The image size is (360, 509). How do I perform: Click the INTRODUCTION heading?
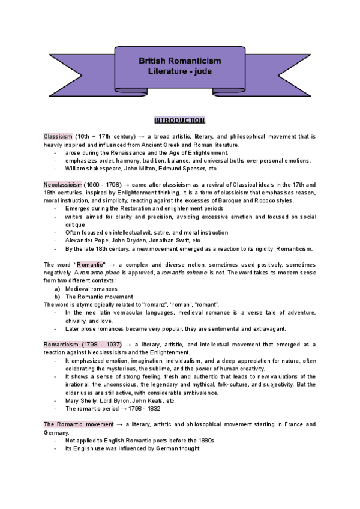(179, 120)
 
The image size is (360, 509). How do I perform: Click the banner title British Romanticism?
(180, 61)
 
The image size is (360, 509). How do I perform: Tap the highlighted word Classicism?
(58, 137)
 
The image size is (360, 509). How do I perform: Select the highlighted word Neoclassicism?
(63, 184)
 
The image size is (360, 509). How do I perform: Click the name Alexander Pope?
(87, 240)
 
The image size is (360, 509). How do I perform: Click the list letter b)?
(57, 297)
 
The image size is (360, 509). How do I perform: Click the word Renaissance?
(134, 153)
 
